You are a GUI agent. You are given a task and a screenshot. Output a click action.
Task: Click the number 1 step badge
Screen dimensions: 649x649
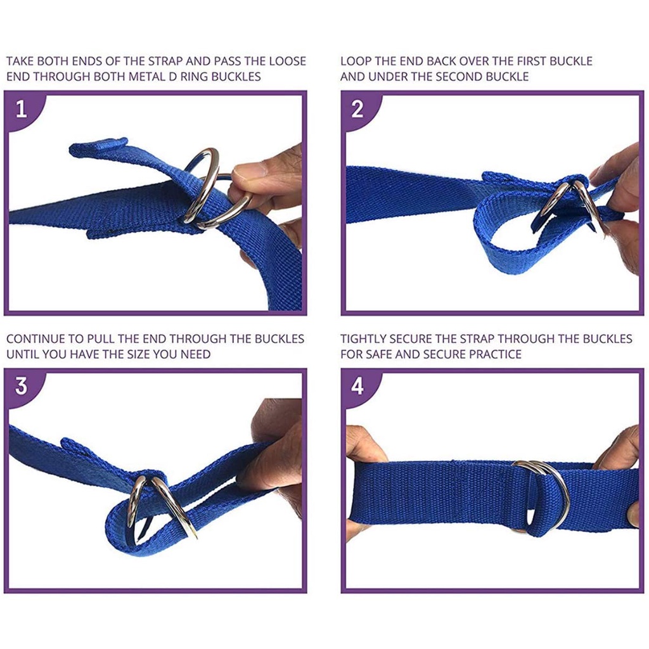[x=22, y=109]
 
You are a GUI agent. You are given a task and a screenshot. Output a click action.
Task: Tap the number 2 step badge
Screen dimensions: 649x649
[x=357, y=109]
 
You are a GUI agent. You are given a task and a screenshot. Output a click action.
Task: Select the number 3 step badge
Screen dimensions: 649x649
[x=22, y=386]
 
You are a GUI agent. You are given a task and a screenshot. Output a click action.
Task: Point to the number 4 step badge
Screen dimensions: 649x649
[x=357, y=386]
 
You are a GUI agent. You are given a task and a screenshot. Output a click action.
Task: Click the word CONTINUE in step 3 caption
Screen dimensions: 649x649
[x=35, y=339]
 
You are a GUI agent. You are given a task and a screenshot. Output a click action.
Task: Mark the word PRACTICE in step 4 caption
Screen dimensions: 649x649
[x=495, y=354]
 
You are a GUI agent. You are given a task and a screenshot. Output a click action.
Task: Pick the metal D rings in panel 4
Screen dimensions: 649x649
[x=545, y=491]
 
